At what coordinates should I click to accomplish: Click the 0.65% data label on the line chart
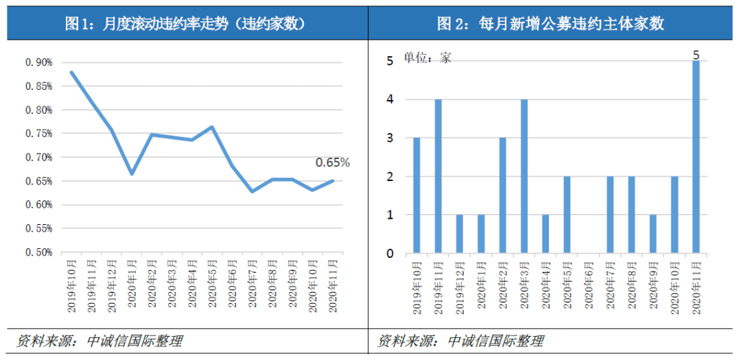click(x=332, y=163)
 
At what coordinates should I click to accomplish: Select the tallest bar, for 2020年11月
click(x=696, y=157)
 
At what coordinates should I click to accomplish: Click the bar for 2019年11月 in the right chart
click(x=438, y=176)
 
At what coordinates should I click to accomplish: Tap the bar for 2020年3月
click(x=524, y=176)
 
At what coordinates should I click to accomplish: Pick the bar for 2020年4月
click(x=545, y=234)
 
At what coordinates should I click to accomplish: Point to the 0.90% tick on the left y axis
click(x=39, y=62)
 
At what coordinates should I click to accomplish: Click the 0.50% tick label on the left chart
click(x=39, y=252)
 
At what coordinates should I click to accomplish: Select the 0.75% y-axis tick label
click(x=39, y=134)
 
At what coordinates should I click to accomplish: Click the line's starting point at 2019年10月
click(x=71, y=72)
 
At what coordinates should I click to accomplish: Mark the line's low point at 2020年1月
click(x=131, y=173)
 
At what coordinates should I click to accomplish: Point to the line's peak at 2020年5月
click(x=211, y=127)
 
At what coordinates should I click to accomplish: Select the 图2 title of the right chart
click(x=551, y=24)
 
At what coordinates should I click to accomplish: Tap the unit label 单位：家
click(x=427, y=58)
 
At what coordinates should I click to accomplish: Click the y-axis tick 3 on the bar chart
click(x=390, y=138)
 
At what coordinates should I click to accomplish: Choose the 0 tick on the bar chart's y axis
click(x=390, y=253)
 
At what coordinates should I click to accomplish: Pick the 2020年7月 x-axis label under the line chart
click(x=254, y=285)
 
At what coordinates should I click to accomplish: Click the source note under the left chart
click(x=99, y=341)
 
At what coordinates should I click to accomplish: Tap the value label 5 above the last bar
click(x=696, y=53)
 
